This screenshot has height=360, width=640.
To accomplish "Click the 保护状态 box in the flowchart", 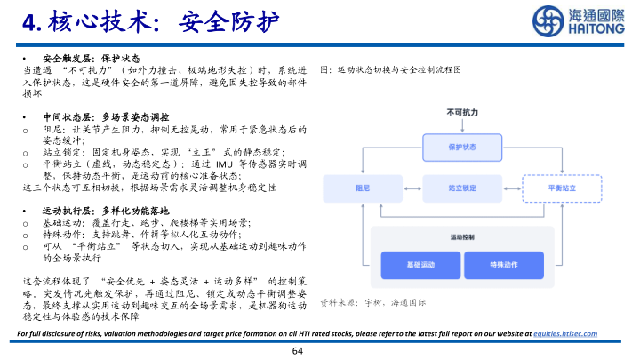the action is [461, 147].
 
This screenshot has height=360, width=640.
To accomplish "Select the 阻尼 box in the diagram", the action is [362, 188].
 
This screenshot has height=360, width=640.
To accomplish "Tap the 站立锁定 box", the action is [461, 188].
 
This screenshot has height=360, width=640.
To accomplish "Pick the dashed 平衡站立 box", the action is [560, 188].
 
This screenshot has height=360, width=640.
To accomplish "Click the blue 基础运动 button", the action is [420, 265].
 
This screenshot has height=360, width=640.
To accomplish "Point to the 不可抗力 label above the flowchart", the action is [461, 113].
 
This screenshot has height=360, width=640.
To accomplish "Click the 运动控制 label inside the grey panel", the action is [462, 237].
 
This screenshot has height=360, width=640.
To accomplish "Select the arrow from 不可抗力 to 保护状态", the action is [461, 125].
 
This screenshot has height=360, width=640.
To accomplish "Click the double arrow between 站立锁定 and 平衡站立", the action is [510, 188].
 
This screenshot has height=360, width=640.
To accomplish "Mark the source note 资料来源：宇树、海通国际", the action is [372, 302].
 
